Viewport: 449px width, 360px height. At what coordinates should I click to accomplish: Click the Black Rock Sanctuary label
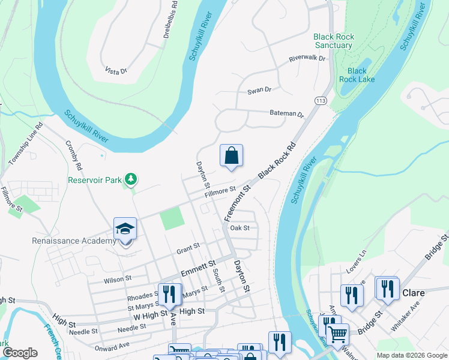[334, 41]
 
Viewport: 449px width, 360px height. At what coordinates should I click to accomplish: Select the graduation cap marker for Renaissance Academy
[125, 230]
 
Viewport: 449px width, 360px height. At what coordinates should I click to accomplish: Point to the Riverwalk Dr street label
[306, 59]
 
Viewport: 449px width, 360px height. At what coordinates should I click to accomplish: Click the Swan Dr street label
[259, 90]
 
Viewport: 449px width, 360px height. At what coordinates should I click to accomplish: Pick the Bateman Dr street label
[287, 113]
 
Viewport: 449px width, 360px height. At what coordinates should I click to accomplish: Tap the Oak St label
[240, 228]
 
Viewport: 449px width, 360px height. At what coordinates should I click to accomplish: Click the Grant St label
[187, 246]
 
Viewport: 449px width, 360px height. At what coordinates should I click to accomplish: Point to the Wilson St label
[117, 279]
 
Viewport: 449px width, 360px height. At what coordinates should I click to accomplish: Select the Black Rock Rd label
[277, 161]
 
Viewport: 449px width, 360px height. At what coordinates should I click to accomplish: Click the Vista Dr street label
[116, 71]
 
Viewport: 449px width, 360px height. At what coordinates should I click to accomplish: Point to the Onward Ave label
[112, 346]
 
